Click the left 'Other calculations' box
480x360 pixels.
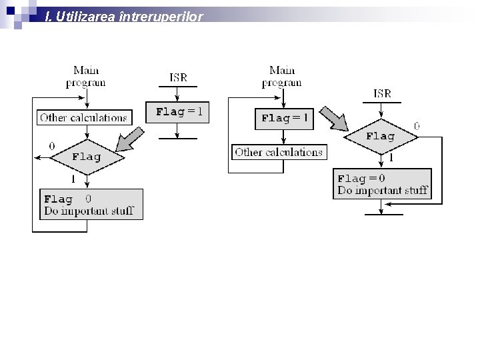83,117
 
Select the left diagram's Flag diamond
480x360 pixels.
86,157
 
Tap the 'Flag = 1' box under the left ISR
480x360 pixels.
178,111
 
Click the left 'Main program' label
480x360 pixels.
86,76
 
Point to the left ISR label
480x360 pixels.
178,77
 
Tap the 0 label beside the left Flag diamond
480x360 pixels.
52,145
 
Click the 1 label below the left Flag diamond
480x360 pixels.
73,179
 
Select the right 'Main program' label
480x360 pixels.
282,76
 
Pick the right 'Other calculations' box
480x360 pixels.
279,152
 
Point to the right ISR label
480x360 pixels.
383,93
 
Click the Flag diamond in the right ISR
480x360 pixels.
381,136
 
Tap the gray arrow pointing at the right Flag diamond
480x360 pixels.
333,118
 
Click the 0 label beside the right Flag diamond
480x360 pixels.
417,125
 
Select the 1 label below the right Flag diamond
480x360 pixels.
391,158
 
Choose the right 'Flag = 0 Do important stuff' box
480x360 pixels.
382,184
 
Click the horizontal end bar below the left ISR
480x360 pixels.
178,138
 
